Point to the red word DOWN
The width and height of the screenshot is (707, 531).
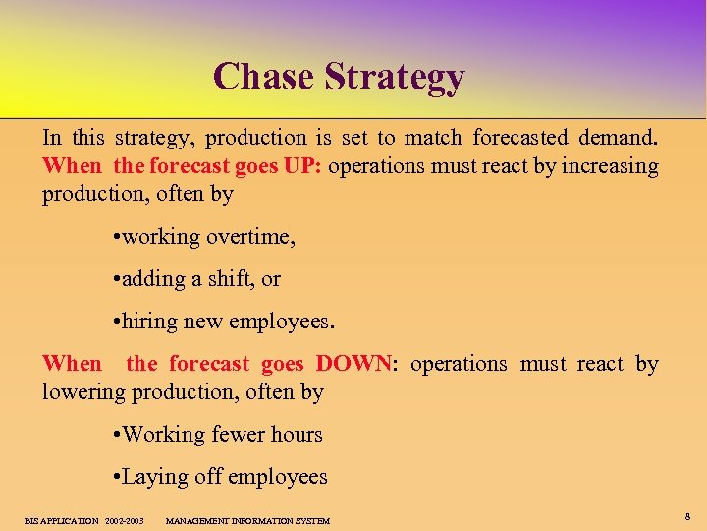click(353, 364)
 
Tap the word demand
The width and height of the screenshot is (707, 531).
click(618, 138)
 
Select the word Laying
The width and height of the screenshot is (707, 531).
click(152, 478)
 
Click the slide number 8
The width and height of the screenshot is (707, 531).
click(687, 516)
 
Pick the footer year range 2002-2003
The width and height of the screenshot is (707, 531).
click(125, 520)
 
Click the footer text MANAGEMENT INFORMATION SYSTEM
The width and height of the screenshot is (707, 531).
click(247, 520)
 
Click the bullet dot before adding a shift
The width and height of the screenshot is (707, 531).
click(116, 280)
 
